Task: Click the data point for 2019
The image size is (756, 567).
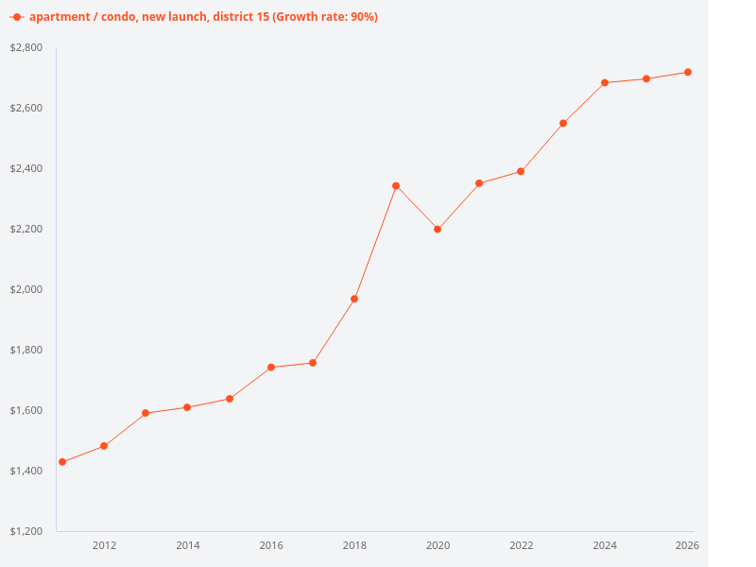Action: pos(396,186)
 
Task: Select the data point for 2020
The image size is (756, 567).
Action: pos(438,230)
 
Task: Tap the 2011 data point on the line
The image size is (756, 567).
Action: pos(62,462)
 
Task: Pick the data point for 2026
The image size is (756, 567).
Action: pos(688,72)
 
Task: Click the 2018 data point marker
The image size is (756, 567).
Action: pos(354,299)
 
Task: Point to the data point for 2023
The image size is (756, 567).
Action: pos(563,123)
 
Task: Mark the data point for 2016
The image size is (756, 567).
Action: pos(271,368)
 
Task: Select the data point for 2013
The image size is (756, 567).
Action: pos(146,413)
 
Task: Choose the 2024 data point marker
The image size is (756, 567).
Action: pos(605,82)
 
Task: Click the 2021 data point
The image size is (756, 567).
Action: pos(479,183)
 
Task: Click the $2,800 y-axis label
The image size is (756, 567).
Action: pos(26,47)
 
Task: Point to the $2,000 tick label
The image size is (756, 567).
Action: pos(26,289)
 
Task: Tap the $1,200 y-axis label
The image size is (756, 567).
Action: pos(26,531)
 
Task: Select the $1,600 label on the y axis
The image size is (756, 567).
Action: pos(26,410)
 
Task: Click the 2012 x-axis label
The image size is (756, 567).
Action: pos(104,545)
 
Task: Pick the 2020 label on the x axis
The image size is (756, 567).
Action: pos(438,545)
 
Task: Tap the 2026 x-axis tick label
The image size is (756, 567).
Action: pos(687,545)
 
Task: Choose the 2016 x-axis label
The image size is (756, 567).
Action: pos(271,545)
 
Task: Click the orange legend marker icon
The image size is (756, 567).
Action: pos(16,17)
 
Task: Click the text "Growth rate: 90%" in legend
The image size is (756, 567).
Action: pos(324,17)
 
